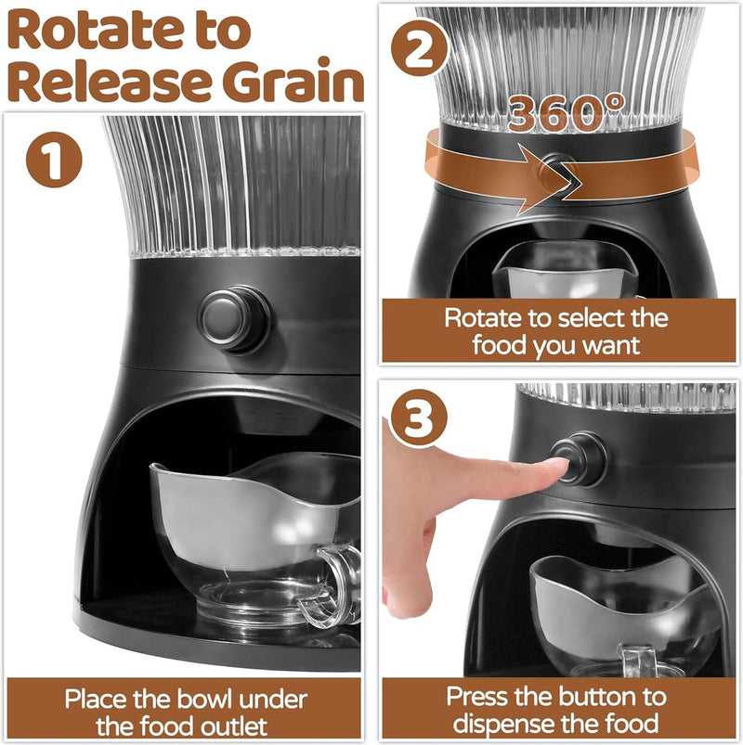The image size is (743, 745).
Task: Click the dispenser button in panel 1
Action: point(233,318)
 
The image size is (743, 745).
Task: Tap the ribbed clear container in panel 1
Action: point(232,186)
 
